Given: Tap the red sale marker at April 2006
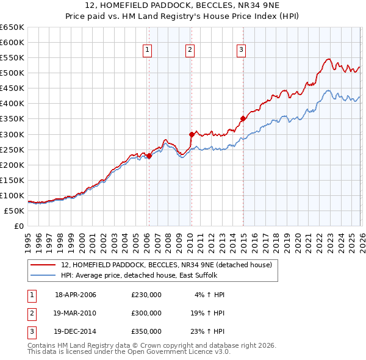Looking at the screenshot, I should [x=149, y=156].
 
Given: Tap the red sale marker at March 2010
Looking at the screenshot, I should [x=191, y=134].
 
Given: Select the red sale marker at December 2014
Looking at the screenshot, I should [x=243, y=119].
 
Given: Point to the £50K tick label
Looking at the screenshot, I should [x=14, y=211].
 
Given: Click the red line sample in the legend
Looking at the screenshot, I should [x=43, y=265].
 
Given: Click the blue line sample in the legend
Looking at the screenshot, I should [x=43, y=275].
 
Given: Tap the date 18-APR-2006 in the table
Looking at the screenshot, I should [x=76, y=295].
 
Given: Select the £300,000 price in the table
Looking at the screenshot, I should [x=146, y=313].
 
